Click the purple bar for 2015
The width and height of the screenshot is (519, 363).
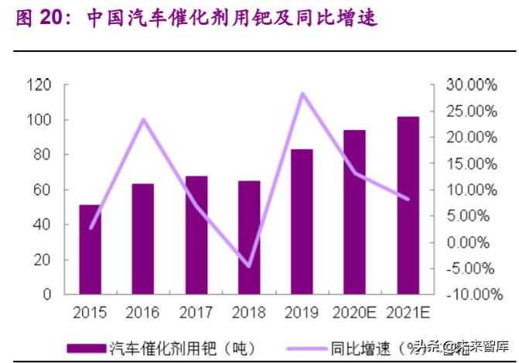[90, 249]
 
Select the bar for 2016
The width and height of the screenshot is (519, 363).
[143, 238]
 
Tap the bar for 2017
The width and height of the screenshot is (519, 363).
[196, 235]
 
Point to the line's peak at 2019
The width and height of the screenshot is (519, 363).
[302, 94]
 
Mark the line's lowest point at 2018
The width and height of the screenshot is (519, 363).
[249, 266]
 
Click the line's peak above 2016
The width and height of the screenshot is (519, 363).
[143, 119]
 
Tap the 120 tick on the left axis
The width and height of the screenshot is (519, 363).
[38, 85]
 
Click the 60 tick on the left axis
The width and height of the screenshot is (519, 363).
[42, 190]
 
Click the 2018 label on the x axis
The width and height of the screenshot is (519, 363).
[249, 313]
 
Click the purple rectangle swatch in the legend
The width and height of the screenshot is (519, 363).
[84, 347]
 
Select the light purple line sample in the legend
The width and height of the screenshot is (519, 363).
[302, 347]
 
